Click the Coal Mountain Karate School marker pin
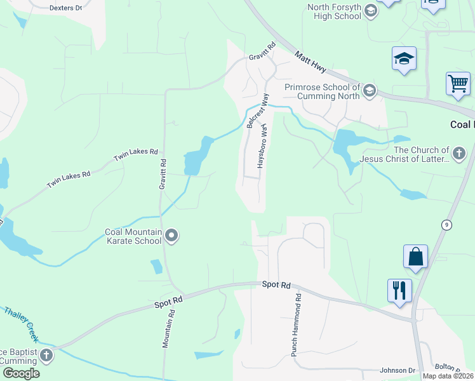click(171, 237)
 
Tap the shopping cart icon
click(458, 83)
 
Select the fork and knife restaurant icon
click(399, 290)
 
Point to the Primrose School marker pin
click(370, 91)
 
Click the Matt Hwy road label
click(311, 66)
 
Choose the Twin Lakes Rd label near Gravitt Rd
click(135, 152)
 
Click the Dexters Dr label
click(65, 8)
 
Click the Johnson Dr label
click(397, 370)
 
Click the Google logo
click(21, 373)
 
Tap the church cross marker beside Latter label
click(458, 153)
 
